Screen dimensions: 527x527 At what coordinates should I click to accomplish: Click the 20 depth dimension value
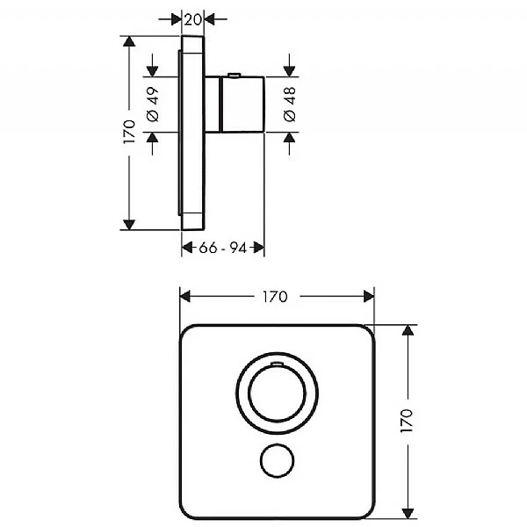coord(193,18)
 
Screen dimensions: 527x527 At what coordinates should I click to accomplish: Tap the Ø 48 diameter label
coord(290,105)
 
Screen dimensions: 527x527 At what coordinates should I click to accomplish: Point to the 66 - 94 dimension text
coord(222,249)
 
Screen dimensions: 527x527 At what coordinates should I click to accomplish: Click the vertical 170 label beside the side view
coord(130,132)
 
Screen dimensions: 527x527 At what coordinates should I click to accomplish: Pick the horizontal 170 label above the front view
coord(275,297)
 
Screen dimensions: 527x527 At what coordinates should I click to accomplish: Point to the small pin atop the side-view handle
coord(232,75)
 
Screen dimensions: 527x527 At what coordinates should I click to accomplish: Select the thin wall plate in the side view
coord(193,132)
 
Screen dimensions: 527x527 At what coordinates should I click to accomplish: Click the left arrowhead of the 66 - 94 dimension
coord(186,249)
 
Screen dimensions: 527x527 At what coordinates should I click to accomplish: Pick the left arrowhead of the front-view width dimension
coord(184,297)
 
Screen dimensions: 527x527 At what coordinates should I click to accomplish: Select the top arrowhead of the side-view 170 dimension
coord(130,41)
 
